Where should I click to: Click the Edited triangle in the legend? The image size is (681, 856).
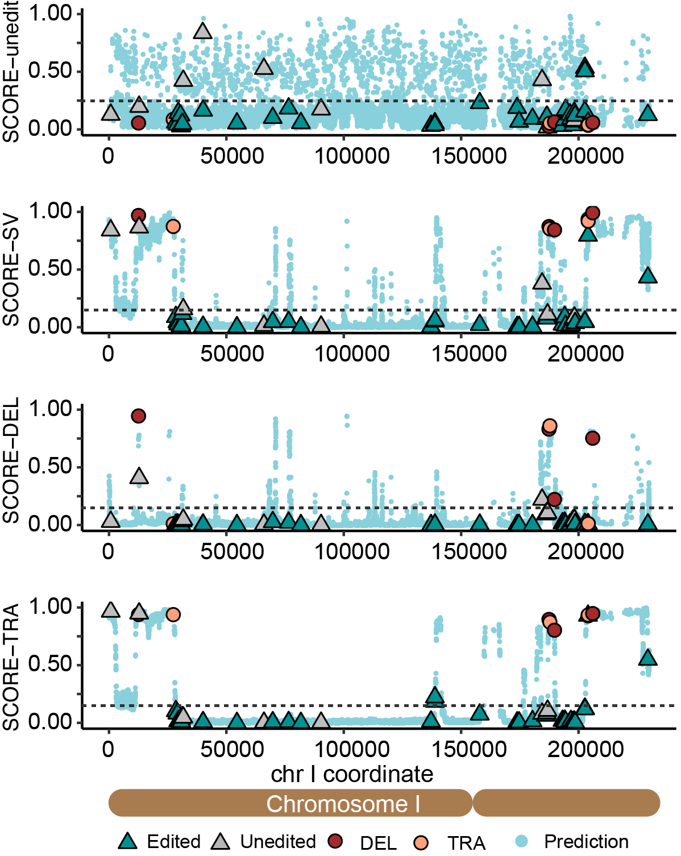coord(128,841)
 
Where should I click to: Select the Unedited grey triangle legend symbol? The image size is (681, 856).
coord(221,841)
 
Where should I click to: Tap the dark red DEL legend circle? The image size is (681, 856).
coord(335,841)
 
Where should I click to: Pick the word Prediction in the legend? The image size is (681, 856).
coord(586,841)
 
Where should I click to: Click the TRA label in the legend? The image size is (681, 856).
coord(466,842)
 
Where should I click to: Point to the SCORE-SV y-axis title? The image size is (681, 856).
coord(11,270)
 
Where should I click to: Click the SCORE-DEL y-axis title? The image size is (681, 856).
coord(11,460)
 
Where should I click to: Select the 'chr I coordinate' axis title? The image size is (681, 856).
coord(352,774)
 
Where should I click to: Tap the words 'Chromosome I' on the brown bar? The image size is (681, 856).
coord(343,804)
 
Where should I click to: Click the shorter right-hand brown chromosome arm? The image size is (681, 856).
coord(566,803)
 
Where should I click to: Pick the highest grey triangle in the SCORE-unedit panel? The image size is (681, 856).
coord(202,31)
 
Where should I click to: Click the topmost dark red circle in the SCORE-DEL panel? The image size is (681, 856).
coord(138,416)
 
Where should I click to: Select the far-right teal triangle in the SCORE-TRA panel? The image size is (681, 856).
coord(647,658)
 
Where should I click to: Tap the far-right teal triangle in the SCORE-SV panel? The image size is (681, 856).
coord(647,276)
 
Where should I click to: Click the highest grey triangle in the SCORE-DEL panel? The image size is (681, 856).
coord(139,476)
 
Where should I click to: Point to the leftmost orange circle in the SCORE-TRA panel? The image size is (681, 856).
coord(173,614)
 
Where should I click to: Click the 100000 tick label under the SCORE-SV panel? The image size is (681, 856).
coord(352,354)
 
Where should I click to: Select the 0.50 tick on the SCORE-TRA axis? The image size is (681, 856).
coord(51,664)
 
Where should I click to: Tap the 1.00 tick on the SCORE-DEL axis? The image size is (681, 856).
coord(51,409)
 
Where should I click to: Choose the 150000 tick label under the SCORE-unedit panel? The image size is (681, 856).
coord(469,156)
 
